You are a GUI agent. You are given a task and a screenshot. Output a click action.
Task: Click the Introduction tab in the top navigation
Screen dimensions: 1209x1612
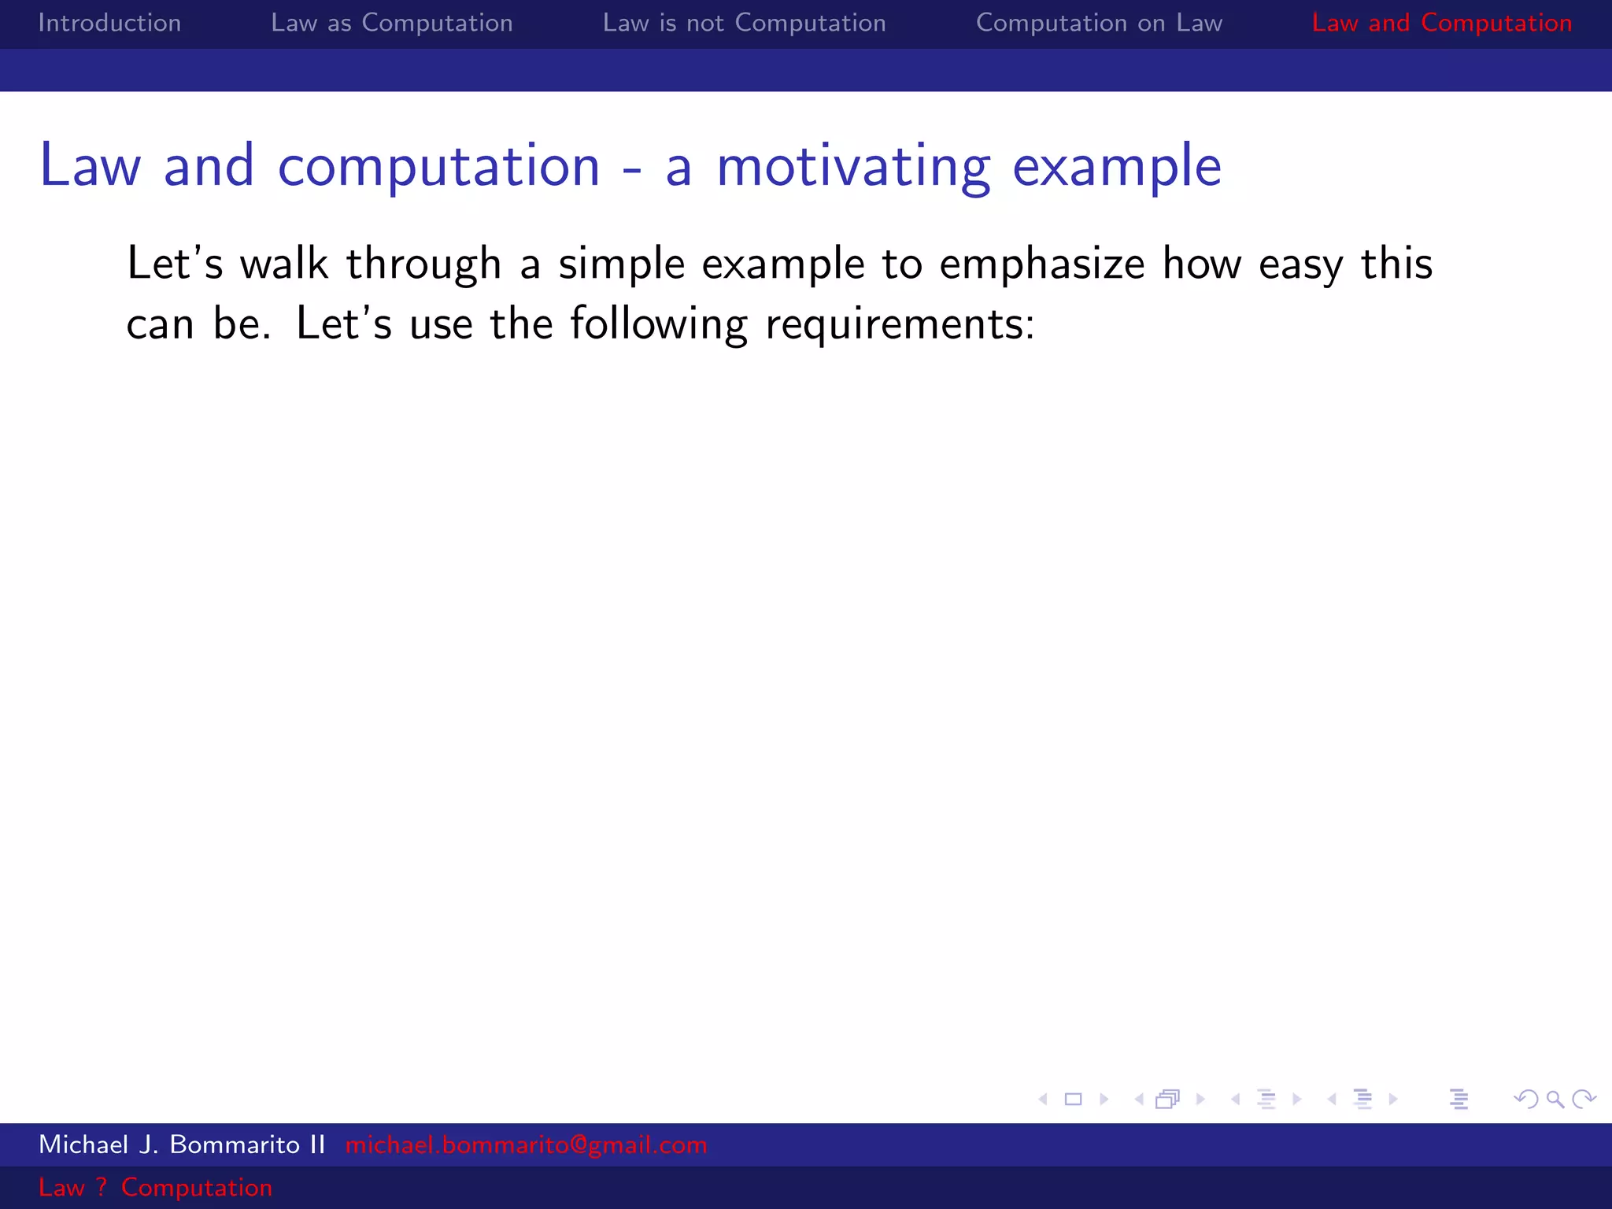pyautogui.click(x=109, y=23)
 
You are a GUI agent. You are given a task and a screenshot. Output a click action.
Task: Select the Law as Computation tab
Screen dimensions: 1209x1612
pyautogui.click(x=391, y=23)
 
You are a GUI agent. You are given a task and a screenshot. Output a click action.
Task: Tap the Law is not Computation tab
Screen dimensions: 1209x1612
pyautogui.click(x=744, y=23)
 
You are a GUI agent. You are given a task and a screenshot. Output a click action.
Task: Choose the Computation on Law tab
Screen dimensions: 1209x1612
pyautogui.click(x=1099, y=23)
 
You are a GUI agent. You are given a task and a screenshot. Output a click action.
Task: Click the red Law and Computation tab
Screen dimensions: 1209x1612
pyautogui.click(x=1441, y=23)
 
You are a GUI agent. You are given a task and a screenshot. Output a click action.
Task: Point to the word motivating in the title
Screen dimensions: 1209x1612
pyautogui.click(x=852, y=167)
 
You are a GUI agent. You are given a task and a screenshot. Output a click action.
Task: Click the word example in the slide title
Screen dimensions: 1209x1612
pyautogui.click(x=1116, y=167)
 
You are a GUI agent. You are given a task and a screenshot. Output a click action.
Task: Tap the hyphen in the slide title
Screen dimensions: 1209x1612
pyautogui.click(x=632, y=168)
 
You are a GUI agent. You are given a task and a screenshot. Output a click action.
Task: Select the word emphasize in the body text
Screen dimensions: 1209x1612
pyautogui.click(x=1041, y=264)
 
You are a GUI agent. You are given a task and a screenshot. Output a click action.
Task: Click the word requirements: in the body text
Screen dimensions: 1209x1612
pyautogui.click(x=900, y=324)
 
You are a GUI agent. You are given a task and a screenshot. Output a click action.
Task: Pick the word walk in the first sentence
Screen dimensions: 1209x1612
pyautogui.click(x=283, y=264)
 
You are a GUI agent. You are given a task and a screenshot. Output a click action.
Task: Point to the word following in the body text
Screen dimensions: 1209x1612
pyautogui.click(x=658, y=324)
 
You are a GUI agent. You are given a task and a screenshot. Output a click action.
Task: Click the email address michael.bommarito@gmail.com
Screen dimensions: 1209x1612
pyautogui.click(x=526, y=1144)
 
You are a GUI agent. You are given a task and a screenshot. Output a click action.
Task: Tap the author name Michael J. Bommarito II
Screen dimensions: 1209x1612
pyautogui.click(x=182, y=1144)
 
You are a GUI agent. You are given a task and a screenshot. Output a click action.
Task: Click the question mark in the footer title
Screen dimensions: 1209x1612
pyautogui.click(x=102, y=1187)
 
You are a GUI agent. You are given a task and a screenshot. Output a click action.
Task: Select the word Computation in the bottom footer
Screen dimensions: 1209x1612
pyautogui.click(x=197, y=1187)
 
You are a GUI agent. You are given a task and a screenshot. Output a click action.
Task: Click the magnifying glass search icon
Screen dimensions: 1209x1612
pyautogui.click(x=1555, y=1100)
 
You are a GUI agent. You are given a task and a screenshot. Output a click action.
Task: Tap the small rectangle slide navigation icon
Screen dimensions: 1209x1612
pyautogui.click(x=1073, y=1100)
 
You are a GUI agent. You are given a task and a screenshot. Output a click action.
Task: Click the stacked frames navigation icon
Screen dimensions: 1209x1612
pyautogui.click(x=1168, y=1100)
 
